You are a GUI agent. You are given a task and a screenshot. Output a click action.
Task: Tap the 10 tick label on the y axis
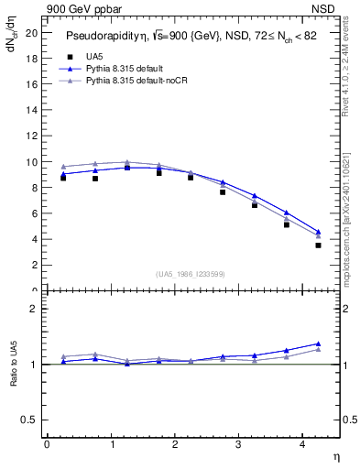tap(32, 162)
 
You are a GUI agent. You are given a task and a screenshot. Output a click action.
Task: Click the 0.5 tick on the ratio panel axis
tap(29, 420)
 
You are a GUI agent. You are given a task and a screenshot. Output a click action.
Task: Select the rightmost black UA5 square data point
tap(318, 245)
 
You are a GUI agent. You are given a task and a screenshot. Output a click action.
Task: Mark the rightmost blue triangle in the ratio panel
tap(318, 344)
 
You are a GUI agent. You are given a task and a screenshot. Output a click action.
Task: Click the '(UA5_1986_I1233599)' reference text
tap(191, 273)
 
